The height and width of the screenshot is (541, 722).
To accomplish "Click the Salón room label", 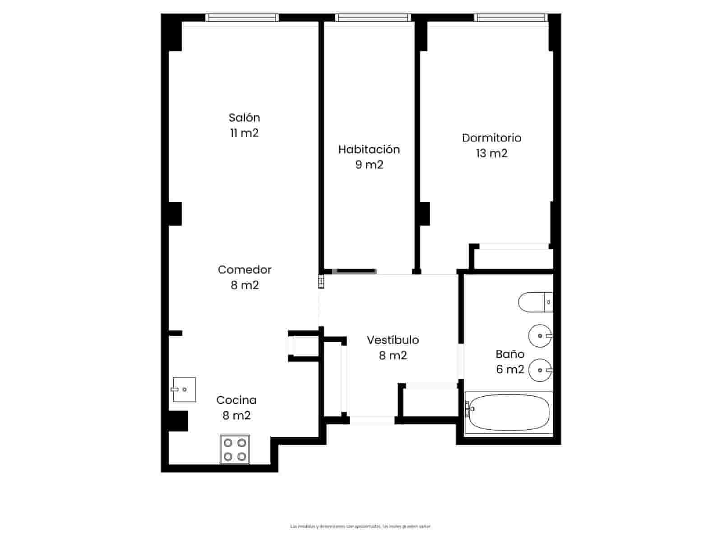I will pyautogui.click(x=244, y=118).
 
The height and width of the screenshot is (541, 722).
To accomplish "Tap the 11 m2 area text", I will pyautogui.click(x=244, y=133).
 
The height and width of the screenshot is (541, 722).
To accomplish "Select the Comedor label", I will pyautogui.click(x=245, y=270).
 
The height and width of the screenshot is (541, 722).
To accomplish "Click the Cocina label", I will pyautogui.click(x=236, y=400).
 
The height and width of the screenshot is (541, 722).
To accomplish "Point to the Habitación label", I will pyautogui.click(x=369, y=150).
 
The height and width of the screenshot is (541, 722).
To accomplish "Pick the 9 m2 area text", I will pyautogui.click(x=369, y=165).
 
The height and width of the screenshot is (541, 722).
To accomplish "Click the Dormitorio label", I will pyautogui.click(x=491, y=138).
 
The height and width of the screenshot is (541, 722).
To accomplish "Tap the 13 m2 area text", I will pyautogui.click(x=491, y=154).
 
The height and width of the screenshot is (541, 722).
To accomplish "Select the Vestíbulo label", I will pyautogui.click(x=393, y=340).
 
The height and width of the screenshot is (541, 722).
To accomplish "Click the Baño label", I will pyautogui.click(x=510, y=354).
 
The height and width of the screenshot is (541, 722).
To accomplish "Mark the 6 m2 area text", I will pyautogui.click(x=510, y=370).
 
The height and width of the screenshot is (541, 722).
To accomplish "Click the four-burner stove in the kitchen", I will pyautogui.click(x=235, y=449).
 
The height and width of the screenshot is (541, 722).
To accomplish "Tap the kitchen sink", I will pyautogui.click(x=184, y=390).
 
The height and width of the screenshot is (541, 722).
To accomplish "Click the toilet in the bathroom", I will pyautogui.click(x=535, y=303).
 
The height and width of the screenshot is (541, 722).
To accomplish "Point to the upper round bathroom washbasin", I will pyautogui.click(x=540, y=336).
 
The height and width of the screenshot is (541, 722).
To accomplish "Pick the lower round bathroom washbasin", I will pyautogui.click(x=540, y=370).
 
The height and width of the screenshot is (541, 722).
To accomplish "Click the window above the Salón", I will pyautogui.click(x=242, y=18).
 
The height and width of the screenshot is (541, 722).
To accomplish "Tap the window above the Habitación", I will pyautogui.click(x=373, y=18).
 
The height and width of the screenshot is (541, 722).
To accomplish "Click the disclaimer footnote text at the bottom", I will pyautogui.click(x=361, y=526).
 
